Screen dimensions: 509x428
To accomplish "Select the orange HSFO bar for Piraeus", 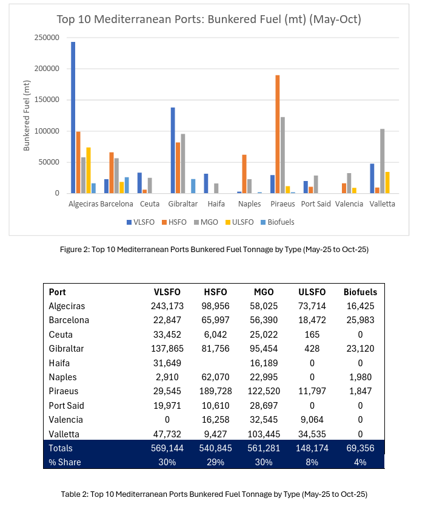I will [278, 134].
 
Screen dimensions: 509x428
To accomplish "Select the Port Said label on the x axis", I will [315, 204].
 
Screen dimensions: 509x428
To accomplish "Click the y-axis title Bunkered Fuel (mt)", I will [26, 115].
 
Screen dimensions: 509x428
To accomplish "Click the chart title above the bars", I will [209, 19].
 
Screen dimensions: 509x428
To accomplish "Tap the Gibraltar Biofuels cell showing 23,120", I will [360, 349].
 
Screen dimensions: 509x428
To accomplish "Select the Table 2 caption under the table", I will [214, 494].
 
